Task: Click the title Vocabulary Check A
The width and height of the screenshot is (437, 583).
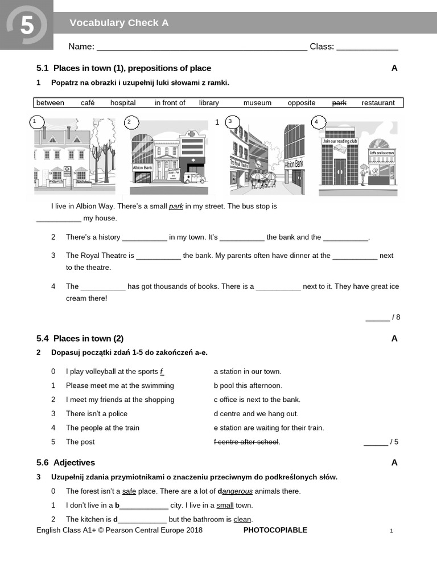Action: click(x=119, y=23)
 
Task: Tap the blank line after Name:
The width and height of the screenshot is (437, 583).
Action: click(x=202, y=47)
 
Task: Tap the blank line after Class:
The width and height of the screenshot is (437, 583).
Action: click(x=367, y=47)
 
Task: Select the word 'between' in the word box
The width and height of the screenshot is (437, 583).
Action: click(x=50, y=103)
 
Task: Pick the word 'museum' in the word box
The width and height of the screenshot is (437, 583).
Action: click(x=257, y=103)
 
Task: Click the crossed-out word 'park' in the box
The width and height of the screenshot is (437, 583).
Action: click(x=339, y=103)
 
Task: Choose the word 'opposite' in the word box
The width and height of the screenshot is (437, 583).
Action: click(x=302, y=103)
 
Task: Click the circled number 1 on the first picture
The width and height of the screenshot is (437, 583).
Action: click(x=35, y=121)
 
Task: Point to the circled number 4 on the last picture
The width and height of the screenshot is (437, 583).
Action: click(x=317, y=122)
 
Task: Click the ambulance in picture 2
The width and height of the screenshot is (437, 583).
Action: click(x=194, y=178)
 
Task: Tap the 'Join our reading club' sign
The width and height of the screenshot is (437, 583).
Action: click(x=340, y=141)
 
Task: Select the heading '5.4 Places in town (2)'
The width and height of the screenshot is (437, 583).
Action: click(x=80, y=338)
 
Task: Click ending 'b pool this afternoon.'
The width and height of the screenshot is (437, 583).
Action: click(x=248, y=385)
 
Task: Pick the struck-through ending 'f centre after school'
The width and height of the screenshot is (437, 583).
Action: click(x=246, y=442)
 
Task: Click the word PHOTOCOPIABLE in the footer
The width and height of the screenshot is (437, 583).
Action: click(x=275, y=530)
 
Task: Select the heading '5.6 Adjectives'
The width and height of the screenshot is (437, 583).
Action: click(x=65, y=462)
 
